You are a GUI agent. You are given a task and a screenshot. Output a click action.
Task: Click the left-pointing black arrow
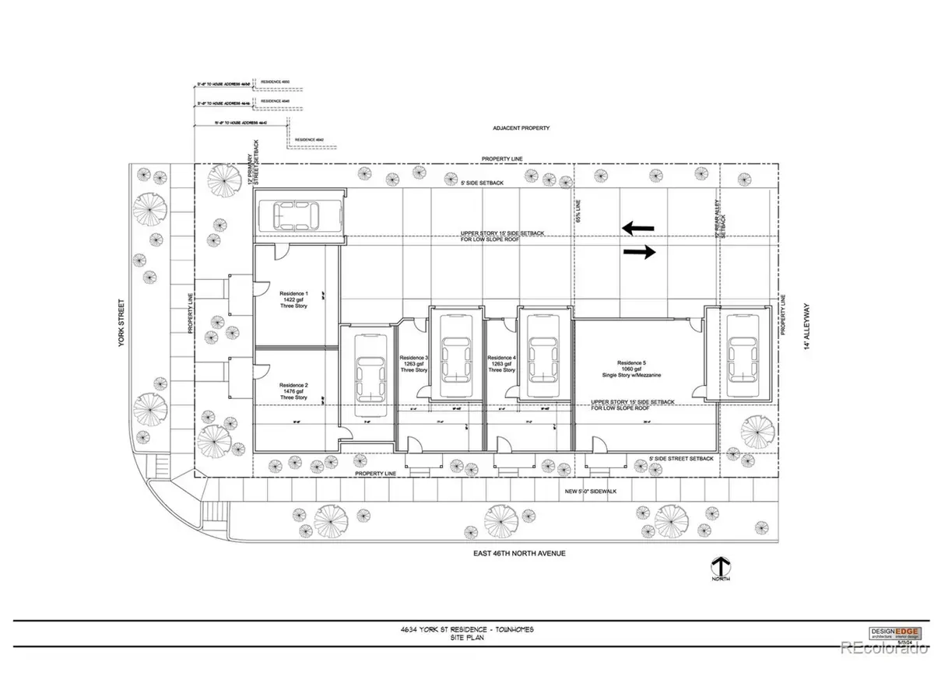pos(637,228)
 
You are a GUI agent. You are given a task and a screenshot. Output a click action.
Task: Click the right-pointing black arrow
pos(639,252)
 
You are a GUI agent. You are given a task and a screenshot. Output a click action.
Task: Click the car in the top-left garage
pos(298,214)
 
